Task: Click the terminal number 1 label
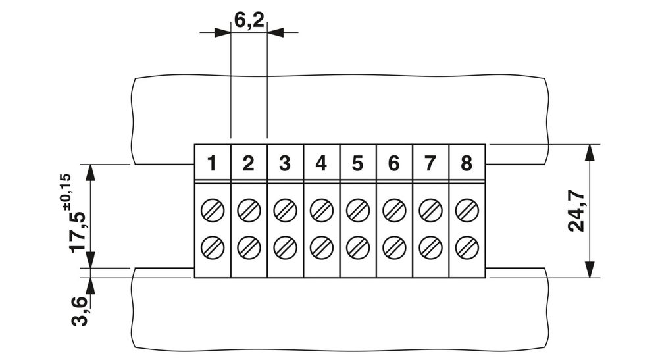(x=212, y=163)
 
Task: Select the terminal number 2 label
(x=248, y=163)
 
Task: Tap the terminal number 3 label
(x=285, y=163)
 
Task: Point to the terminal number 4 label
(x=321, y=163)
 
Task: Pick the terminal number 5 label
(x=357, y=163)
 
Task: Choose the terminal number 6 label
(x=393, y=163)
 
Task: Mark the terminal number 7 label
(x=430, y=163)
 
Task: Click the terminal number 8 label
(x=467, y=163)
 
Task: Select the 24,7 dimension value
(x=576, y=211)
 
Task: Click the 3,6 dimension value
(x=79, y=311)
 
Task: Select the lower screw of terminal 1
(x=213, y=247)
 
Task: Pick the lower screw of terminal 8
(x=467, y=247)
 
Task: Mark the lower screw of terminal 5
(x=357, y=247)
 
